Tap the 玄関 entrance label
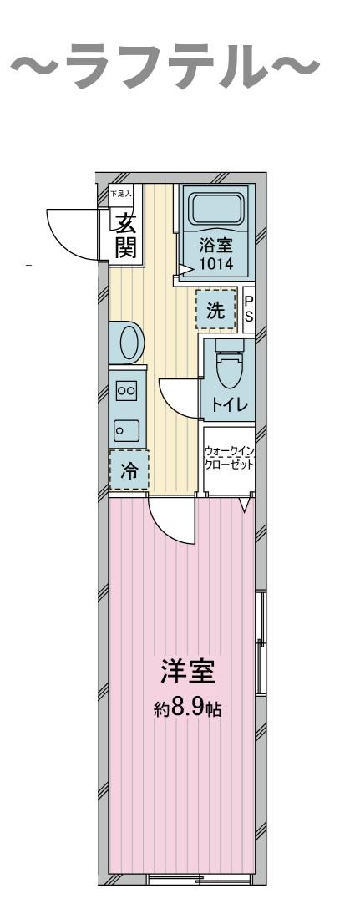coord(126,236)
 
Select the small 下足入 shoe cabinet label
coord(121,195)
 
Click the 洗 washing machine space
coord(215,311)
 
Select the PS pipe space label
coord(248,310)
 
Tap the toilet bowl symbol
coord(227,366)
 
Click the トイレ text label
coord(227,405)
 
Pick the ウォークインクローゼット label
coord(229,459)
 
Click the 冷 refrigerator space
coord(129,470)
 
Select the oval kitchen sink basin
coord(129,343)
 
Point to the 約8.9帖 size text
coord(188,709)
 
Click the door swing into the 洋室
coord(171,520)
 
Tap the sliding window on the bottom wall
coord(198,877)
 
